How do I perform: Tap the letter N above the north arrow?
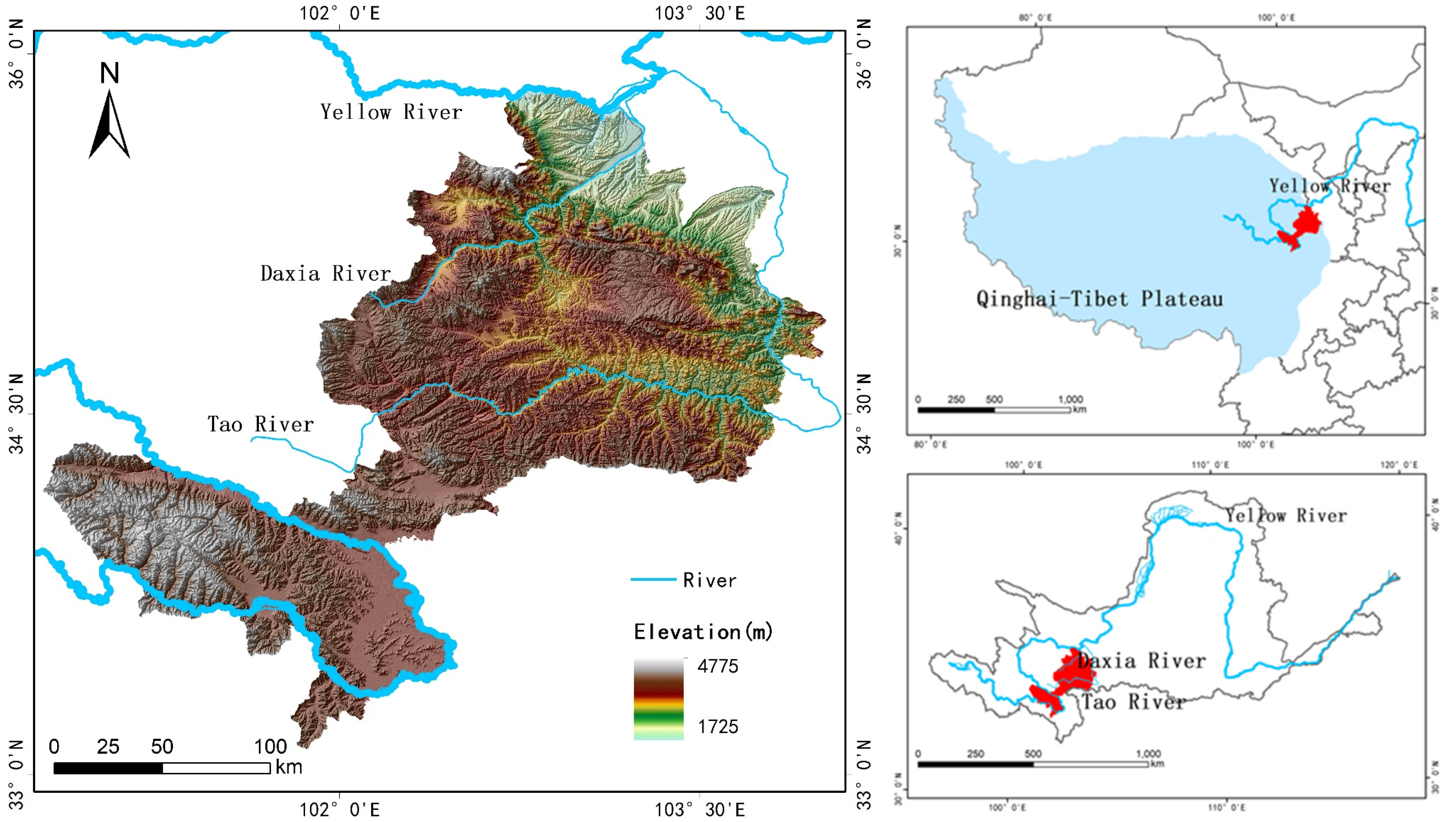(110, 73)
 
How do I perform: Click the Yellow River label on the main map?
(391, 112)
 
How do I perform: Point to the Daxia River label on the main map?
(326, 274)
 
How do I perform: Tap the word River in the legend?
(709, 580)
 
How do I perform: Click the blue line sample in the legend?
(653, 579)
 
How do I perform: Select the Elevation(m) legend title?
(703, 632)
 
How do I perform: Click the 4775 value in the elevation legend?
(717, 667)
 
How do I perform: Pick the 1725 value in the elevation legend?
(717, 727)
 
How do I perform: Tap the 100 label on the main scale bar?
(270, 747)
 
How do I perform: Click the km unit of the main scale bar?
(289, 767)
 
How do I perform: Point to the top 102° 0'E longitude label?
(339, 13)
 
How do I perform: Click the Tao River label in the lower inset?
(1133, 702)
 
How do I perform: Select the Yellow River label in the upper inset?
(1329, 186)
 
